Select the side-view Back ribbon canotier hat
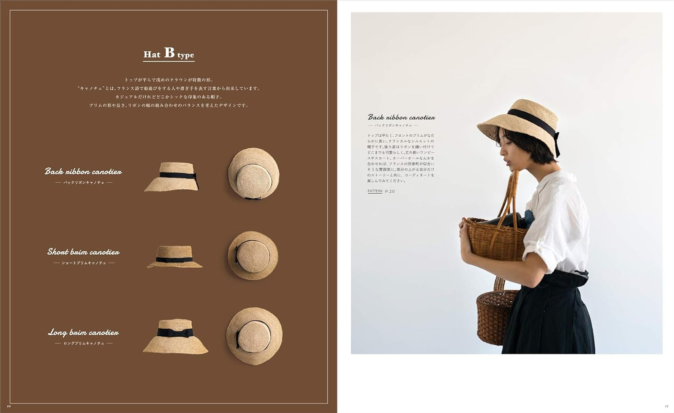[172, 177]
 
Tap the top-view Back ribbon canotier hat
[254, 173]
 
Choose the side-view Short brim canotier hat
[174, 257]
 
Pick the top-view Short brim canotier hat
[253, 255]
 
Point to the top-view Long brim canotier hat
[254, 336]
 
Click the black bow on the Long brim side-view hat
[175, 332]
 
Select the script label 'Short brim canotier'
[83, 252]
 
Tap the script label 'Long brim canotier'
[83, 332]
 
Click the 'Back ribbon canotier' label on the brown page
[83, 171]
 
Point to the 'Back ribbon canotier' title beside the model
[401, 117]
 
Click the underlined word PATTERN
[375, 191]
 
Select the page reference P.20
[390, 191]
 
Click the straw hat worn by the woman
[520, 120]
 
